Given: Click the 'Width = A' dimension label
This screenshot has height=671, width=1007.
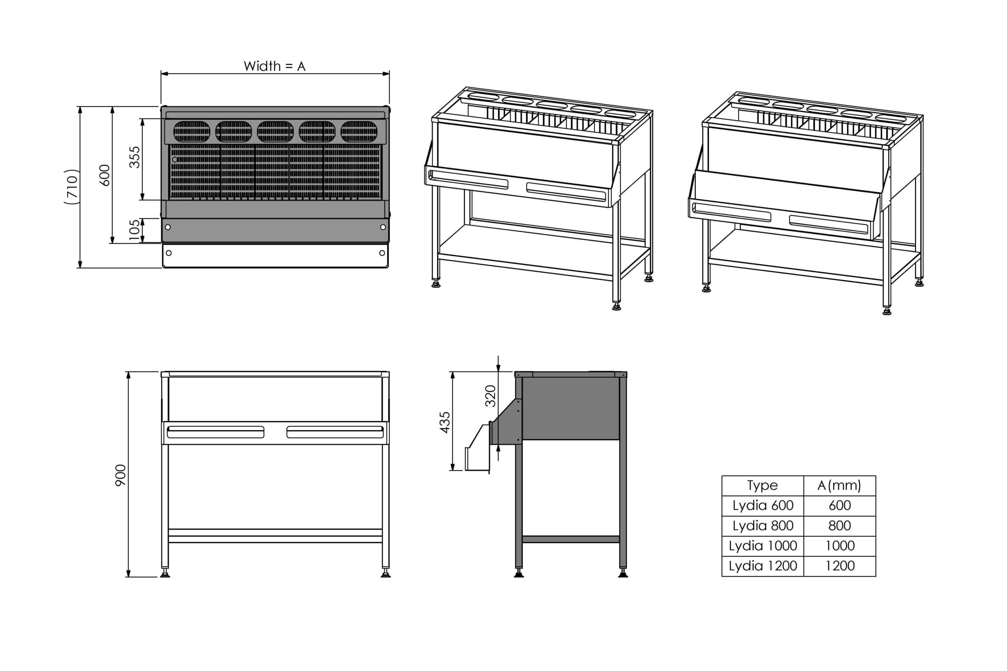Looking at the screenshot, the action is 275,66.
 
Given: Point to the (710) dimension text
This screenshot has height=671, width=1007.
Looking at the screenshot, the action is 72,187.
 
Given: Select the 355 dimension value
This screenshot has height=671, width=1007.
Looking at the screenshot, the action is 135,157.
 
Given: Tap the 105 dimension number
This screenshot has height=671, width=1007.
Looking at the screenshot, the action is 135,230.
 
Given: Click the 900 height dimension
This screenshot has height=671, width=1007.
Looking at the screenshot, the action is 121,475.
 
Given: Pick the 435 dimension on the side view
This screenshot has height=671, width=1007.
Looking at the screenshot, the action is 445,422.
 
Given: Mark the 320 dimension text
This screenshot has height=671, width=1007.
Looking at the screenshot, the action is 490,396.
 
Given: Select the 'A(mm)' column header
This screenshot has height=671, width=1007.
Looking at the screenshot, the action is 839,485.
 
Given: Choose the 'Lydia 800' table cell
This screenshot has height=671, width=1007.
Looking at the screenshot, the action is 763,526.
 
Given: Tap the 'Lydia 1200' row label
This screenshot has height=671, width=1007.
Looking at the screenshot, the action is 763,566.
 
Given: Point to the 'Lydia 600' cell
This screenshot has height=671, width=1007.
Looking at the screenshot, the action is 763,506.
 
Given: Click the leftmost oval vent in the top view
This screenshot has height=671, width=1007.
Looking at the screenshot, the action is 192,131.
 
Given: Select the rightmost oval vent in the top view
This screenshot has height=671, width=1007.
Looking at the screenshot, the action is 359,131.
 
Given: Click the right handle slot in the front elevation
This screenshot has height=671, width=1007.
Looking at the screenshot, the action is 335,432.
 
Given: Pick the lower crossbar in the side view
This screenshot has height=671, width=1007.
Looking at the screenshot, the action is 571,539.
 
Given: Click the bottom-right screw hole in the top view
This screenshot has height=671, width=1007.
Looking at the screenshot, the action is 382,253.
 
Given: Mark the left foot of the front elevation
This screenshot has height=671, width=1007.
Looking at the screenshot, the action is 165,573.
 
